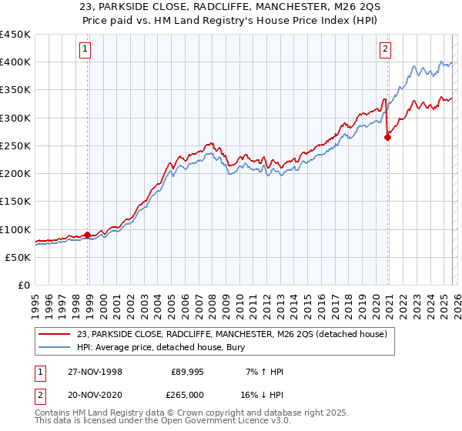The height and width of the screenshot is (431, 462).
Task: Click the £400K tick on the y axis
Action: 15,62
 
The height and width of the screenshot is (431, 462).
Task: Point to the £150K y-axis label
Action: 15,202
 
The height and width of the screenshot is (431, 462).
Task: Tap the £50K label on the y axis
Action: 18,258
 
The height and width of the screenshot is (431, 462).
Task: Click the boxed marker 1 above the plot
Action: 85,50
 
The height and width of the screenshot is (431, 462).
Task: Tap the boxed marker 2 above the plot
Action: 384,50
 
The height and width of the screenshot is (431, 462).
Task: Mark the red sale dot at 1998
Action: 88,235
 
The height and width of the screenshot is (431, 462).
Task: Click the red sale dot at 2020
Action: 387,138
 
